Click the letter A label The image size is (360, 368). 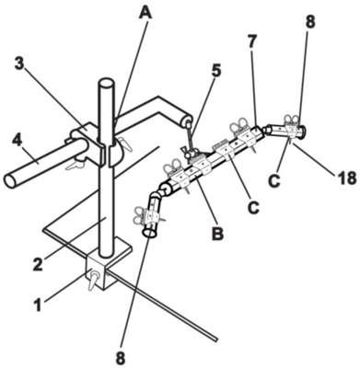pyautogui.click(x=145, y=12)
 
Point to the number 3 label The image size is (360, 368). pyautogui.click(x=21, y=63)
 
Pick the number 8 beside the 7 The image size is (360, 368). pyautogui.click(x=310, y=22)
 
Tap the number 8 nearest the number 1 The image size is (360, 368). pyautogui.click(x=121, y=357)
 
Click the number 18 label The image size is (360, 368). pyautogui.click(x=347, y=178)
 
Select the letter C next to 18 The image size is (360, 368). pyautogui.click(x=274, y=181)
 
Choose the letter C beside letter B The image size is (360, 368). pyautogui.click(x=253, y=208)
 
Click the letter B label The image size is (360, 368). pyautogui.click(x=217, y=235)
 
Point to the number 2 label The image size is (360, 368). pyautogui.click(x=38, y=264)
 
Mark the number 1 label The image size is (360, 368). pyautogui.click(x=38, y=305)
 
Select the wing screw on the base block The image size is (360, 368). pyautogui.click(x=93, y=279)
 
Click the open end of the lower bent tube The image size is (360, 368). pyautogui.click(x=150, y=234)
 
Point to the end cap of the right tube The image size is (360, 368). pyautogui.click(x=304, y=132)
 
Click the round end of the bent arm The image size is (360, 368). pyautogui.click(x=188, y=121)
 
